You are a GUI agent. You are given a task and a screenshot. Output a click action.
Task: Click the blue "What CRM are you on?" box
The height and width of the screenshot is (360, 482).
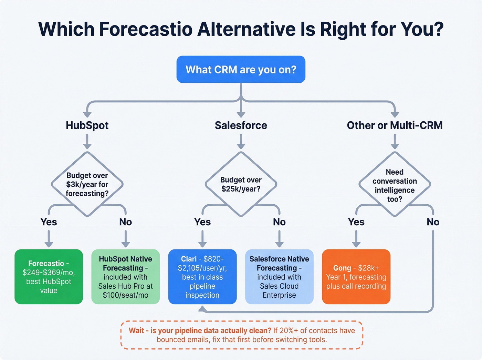coord(241,70)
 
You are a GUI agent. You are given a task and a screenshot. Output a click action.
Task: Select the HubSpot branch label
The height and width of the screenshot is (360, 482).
coord(87,125)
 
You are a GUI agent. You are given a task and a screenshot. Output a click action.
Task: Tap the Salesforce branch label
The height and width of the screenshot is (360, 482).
coord(241,125)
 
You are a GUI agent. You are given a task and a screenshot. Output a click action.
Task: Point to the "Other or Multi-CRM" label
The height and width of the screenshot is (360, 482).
coord(395,125)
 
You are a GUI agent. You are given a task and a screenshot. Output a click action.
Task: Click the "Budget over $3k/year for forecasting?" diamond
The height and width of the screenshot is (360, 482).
coord(87,184)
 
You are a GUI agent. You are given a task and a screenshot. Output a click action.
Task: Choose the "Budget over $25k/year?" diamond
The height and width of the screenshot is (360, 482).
coord(241,184)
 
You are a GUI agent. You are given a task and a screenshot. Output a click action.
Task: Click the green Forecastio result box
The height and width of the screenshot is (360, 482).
coord(49,277)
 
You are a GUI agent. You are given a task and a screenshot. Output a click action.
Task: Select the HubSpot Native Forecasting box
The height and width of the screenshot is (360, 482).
coord(125,277)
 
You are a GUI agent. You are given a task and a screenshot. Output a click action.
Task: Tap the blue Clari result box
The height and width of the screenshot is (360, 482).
coord(202,277)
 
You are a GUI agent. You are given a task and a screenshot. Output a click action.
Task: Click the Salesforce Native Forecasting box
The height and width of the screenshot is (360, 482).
coord(279,277)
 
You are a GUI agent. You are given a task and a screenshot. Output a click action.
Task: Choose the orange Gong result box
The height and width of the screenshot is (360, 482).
coord(356,277)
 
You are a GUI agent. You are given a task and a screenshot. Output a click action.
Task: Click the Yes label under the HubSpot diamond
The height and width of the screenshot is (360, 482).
coord(49,222)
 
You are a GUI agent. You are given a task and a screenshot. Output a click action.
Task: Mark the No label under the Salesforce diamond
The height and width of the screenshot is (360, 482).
coord(279,222)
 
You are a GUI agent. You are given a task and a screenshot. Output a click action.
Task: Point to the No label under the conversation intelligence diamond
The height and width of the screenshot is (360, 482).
coord(433,222)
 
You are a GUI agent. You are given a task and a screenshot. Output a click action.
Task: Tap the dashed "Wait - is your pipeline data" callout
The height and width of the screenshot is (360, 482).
coord(242,335)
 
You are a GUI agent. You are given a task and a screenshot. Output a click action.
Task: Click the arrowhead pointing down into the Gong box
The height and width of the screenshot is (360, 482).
coord(356,244)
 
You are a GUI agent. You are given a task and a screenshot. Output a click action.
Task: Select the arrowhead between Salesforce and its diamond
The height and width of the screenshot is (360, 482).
coord(241,146)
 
